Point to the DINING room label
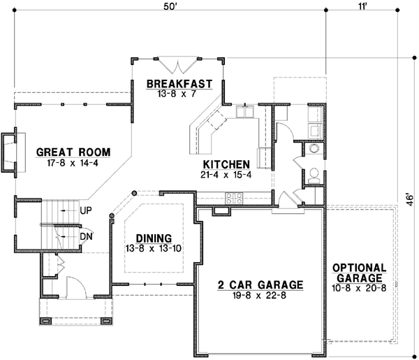[x=154, y=237]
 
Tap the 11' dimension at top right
[x=361, y=7]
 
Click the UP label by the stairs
[x=87, y=210]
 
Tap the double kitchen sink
[x=248, y=112]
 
